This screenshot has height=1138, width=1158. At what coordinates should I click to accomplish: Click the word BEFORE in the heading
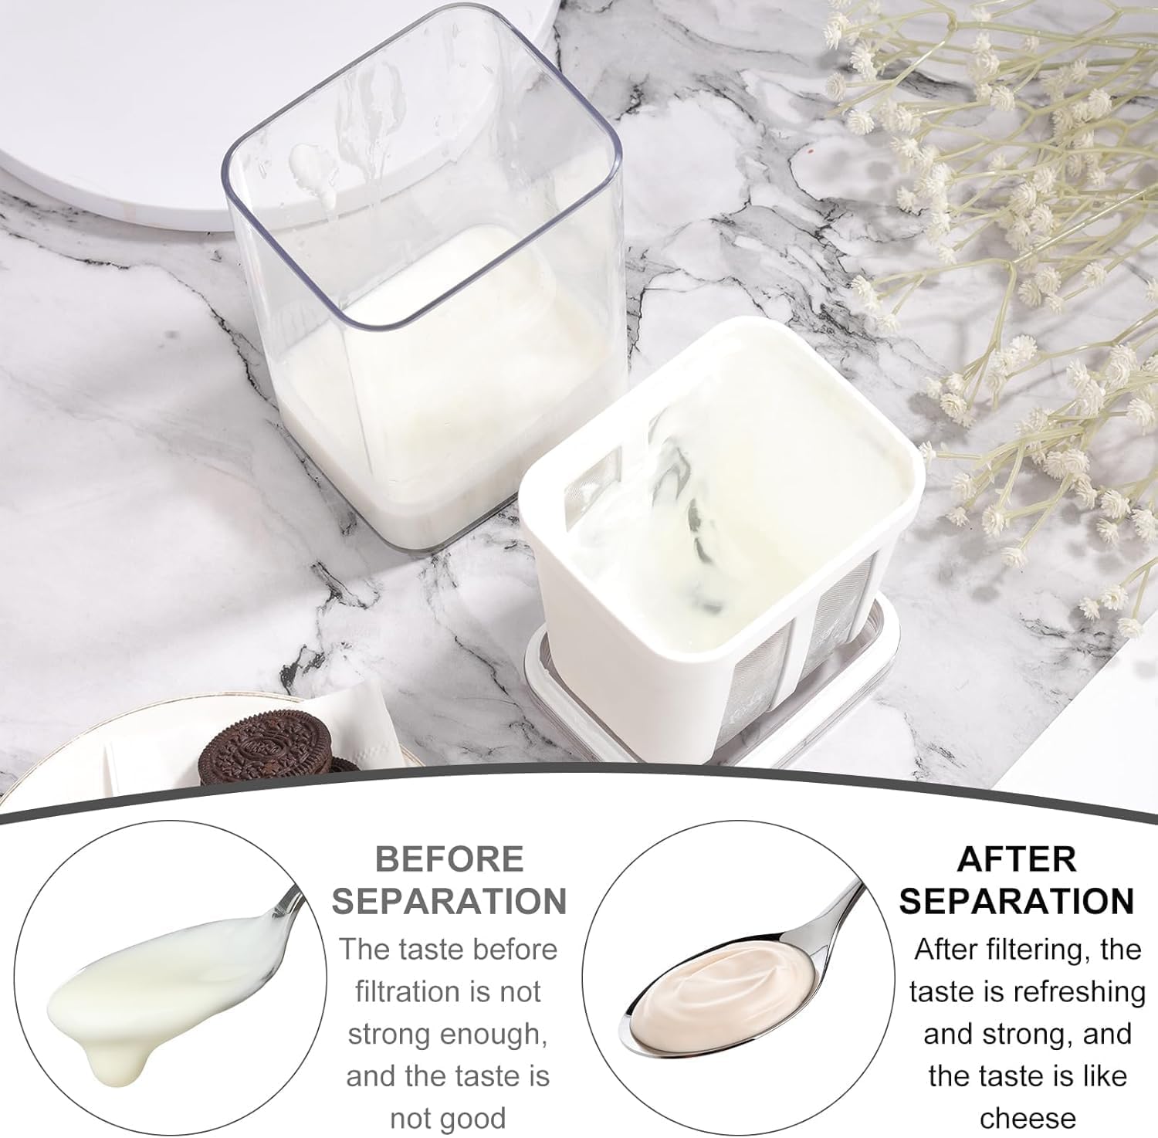coord(449,859)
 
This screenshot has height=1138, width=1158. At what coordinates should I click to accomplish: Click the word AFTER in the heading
coord(1017,859)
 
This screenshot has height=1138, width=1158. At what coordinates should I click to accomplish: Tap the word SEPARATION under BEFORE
coord(449,901)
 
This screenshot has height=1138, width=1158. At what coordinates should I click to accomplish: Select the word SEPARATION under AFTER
coord(1017,901)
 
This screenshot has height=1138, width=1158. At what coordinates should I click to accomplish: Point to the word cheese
coord(1028,1118)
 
